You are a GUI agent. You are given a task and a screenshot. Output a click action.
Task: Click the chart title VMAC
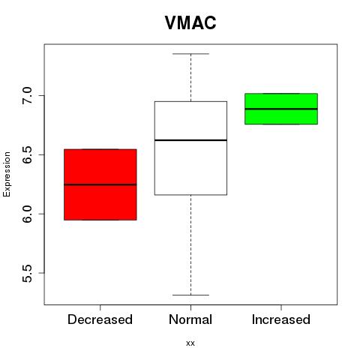coord(190,22)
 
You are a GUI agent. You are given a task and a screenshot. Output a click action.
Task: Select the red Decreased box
coord(100,184)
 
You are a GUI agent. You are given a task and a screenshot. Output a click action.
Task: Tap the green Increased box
coord(281,109)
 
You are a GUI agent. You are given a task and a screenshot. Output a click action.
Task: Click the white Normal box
coord(190,148)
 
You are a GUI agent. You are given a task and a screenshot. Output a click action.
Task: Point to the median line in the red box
coord(100,184)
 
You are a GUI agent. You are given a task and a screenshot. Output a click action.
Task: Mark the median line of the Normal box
coord(190,140)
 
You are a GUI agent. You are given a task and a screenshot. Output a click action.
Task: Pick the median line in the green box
coord(281,109)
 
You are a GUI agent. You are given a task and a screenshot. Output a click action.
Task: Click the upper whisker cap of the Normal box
coord(190,54)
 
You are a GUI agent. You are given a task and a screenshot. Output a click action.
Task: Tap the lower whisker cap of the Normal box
coord(190,295)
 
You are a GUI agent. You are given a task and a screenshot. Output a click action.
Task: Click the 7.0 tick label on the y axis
coord(27,96)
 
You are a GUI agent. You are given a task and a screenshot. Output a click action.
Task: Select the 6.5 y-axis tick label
coord(27,155)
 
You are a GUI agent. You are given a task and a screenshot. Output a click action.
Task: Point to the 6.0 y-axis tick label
coord(27,214)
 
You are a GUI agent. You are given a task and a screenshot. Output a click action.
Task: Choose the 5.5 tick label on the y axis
coord(27,273)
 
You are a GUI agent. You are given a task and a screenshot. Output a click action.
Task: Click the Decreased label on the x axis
coord(100,319)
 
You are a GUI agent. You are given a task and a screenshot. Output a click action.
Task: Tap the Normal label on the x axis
coord(190,319)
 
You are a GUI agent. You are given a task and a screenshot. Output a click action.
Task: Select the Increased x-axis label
coord(281,319)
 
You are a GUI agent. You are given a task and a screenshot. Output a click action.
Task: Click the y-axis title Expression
coord(7,174)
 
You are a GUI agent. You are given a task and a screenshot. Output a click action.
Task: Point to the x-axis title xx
coord(190,343)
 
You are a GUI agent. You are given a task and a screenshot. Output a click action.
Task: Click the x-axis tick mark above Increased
coord(281,307)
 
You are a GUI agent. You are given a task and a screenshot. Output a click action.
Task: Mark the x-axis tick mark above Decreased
coord(100,307)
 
